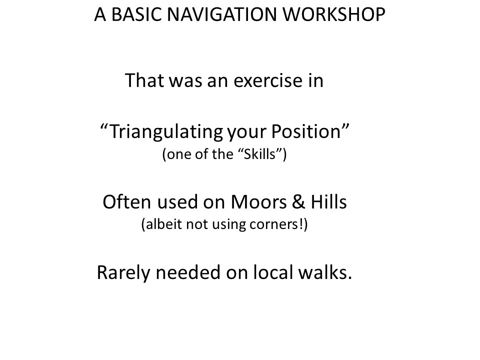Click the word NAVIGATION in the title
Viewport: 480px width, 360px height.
(x=221, y=14)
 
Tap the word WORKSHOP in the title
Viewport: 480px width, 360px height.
(x=333, y=14)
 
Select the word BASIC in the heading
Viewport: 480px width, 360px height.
(x=136, y=14)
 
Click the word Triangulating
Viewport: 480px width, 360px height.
(x=166, y=132)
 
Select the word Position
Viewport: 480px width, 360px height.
(x=306, y=131)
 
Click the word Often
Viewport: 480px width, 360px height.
(x=126, y=202)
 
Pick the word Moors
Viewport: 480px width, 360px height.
(x=258, y=202)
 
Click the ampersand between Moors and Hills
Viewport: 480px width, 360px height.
(x=298, y=202)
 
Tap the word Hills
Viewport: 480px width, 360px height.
(x=328, y=201)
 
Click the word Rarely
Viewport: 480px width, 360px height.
(x=123, y=273)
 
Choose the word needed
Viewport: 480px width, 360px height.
(x=188, y=272)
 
